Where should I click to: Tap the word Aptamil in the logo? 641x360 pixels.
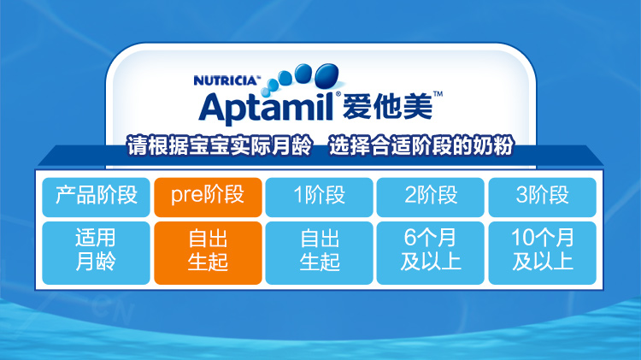267,107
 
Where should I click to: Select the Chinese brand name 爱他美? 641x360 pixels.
386,107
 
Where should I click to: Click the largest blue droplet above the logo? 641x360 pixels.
327,76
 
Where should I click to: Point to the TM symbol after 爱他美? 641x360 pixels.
438,94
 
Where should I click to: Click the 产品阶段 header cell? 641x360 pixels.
96,198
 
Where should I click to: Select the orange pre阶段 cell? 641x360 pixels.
208,198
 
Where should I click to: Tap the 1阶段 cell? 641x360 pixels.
320,198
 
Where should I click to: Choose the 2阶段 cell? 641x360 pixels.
431,198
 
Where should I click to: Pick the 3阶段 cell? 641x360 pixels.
542,198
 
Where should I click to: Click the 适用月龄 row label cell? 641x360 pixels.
96,253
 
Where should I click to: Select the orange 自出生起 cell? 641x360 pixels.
208,253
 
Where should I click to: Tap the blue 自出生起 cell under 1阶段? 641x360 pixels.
320,253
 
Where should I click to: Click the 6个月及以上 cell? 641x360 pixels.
431,253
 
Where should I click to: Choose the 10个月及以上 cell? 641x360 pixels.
542,253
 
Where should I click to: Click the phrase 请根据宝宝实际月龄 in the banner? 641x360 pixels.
220,145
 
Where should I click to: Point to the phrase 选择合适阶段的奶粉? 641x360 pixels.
421,145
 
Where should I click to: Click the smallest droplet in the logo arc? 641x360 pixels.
265,91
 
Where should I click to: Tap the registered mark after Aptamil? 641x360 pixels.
338,95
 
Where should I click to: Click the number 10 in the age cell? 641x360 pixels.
521,238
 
